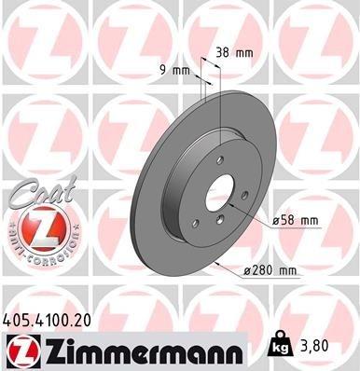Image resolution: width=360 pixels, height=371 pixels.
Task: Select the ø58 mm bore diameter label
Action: coord(298,220)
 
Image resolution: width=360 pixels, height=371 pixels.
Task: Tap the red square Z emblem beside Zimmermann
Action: coord(21,350)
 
